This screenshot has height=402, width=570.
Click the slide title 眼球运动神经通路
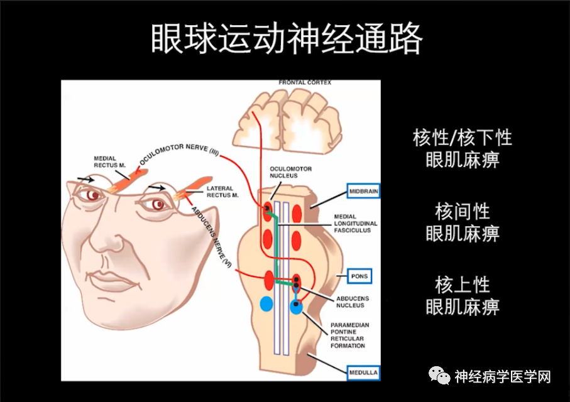(x=287, y=38)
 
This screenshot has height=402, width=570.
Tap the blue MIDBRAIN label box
(x=363, y=191)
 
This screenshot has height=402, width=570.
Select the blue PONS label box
(x=359, y=276)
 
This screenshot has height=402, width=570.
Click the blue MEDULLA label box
(x=363, y=372)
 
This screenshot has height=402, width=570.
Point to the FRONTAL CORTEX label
(x=305, y=82)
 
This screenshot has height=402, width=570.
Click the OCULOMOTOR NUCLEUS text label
(x=290, y=172)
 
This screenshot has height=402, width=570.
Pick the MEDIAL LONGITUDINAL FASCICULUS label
(x=355, y=224)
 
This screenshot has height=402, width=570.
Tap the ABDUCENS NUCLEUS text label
(x=353, y=302)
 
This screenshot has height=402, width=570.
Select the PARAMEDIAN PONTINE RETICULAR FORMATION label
(x=349, y=335)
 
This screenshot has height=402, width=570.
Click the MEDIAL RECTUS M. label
(x=109, y=162)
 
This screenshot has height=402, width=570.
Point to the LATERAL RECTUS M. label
(x=222, y=192)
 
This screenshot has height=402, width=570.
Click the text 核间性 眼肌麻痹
(x=463, y=222)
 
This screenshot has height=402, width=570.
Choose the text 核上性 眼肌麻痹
(x=463, y=295)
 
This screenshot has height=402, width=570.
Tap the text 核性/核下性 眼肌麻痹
(x=463, y=148)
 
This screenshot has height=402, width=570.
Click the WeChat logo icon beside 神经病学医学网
(x=439, y=376)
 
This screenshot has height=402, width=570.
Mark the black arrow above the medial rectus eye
(x=85, y=179)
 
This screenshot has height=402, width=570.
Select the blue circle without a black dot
(x=266, y=304)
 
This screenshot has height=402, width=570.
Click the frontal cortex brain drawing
(x=287, y=120)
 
